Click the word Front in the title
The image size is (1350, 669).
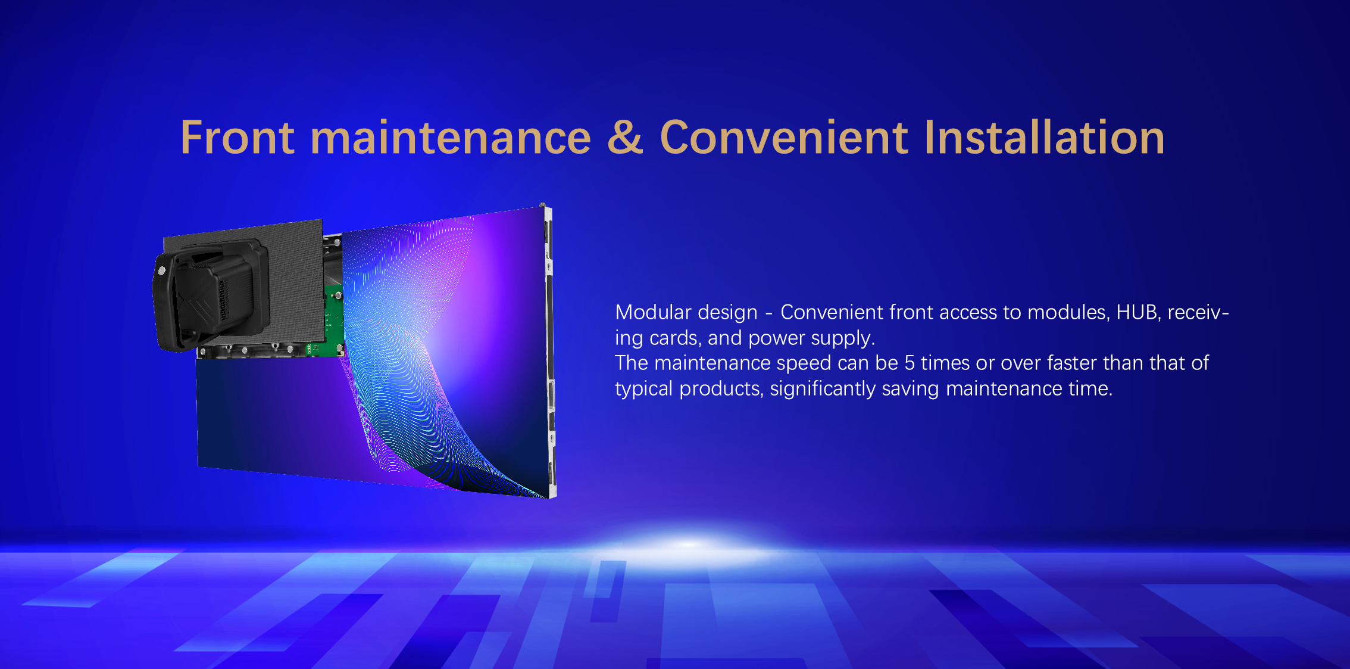(237, 138)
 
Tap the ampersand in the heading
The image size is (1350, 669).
(626, 138)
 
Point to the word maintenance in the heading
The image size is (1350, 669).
(451, 138)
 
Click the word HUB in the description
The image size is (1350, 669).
(1136, 312)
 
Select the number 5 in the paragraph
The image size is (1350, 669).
(910, 363)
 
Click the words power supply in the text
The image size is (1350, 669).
(811, 338)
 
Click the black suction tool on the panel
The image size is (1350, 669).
(211, 295)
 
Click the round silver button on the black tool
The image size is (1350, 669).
(161, 271)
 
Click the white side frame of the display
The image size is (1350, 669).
(551, 351)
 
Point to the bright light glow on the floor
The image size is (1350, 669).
(687, 543)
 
